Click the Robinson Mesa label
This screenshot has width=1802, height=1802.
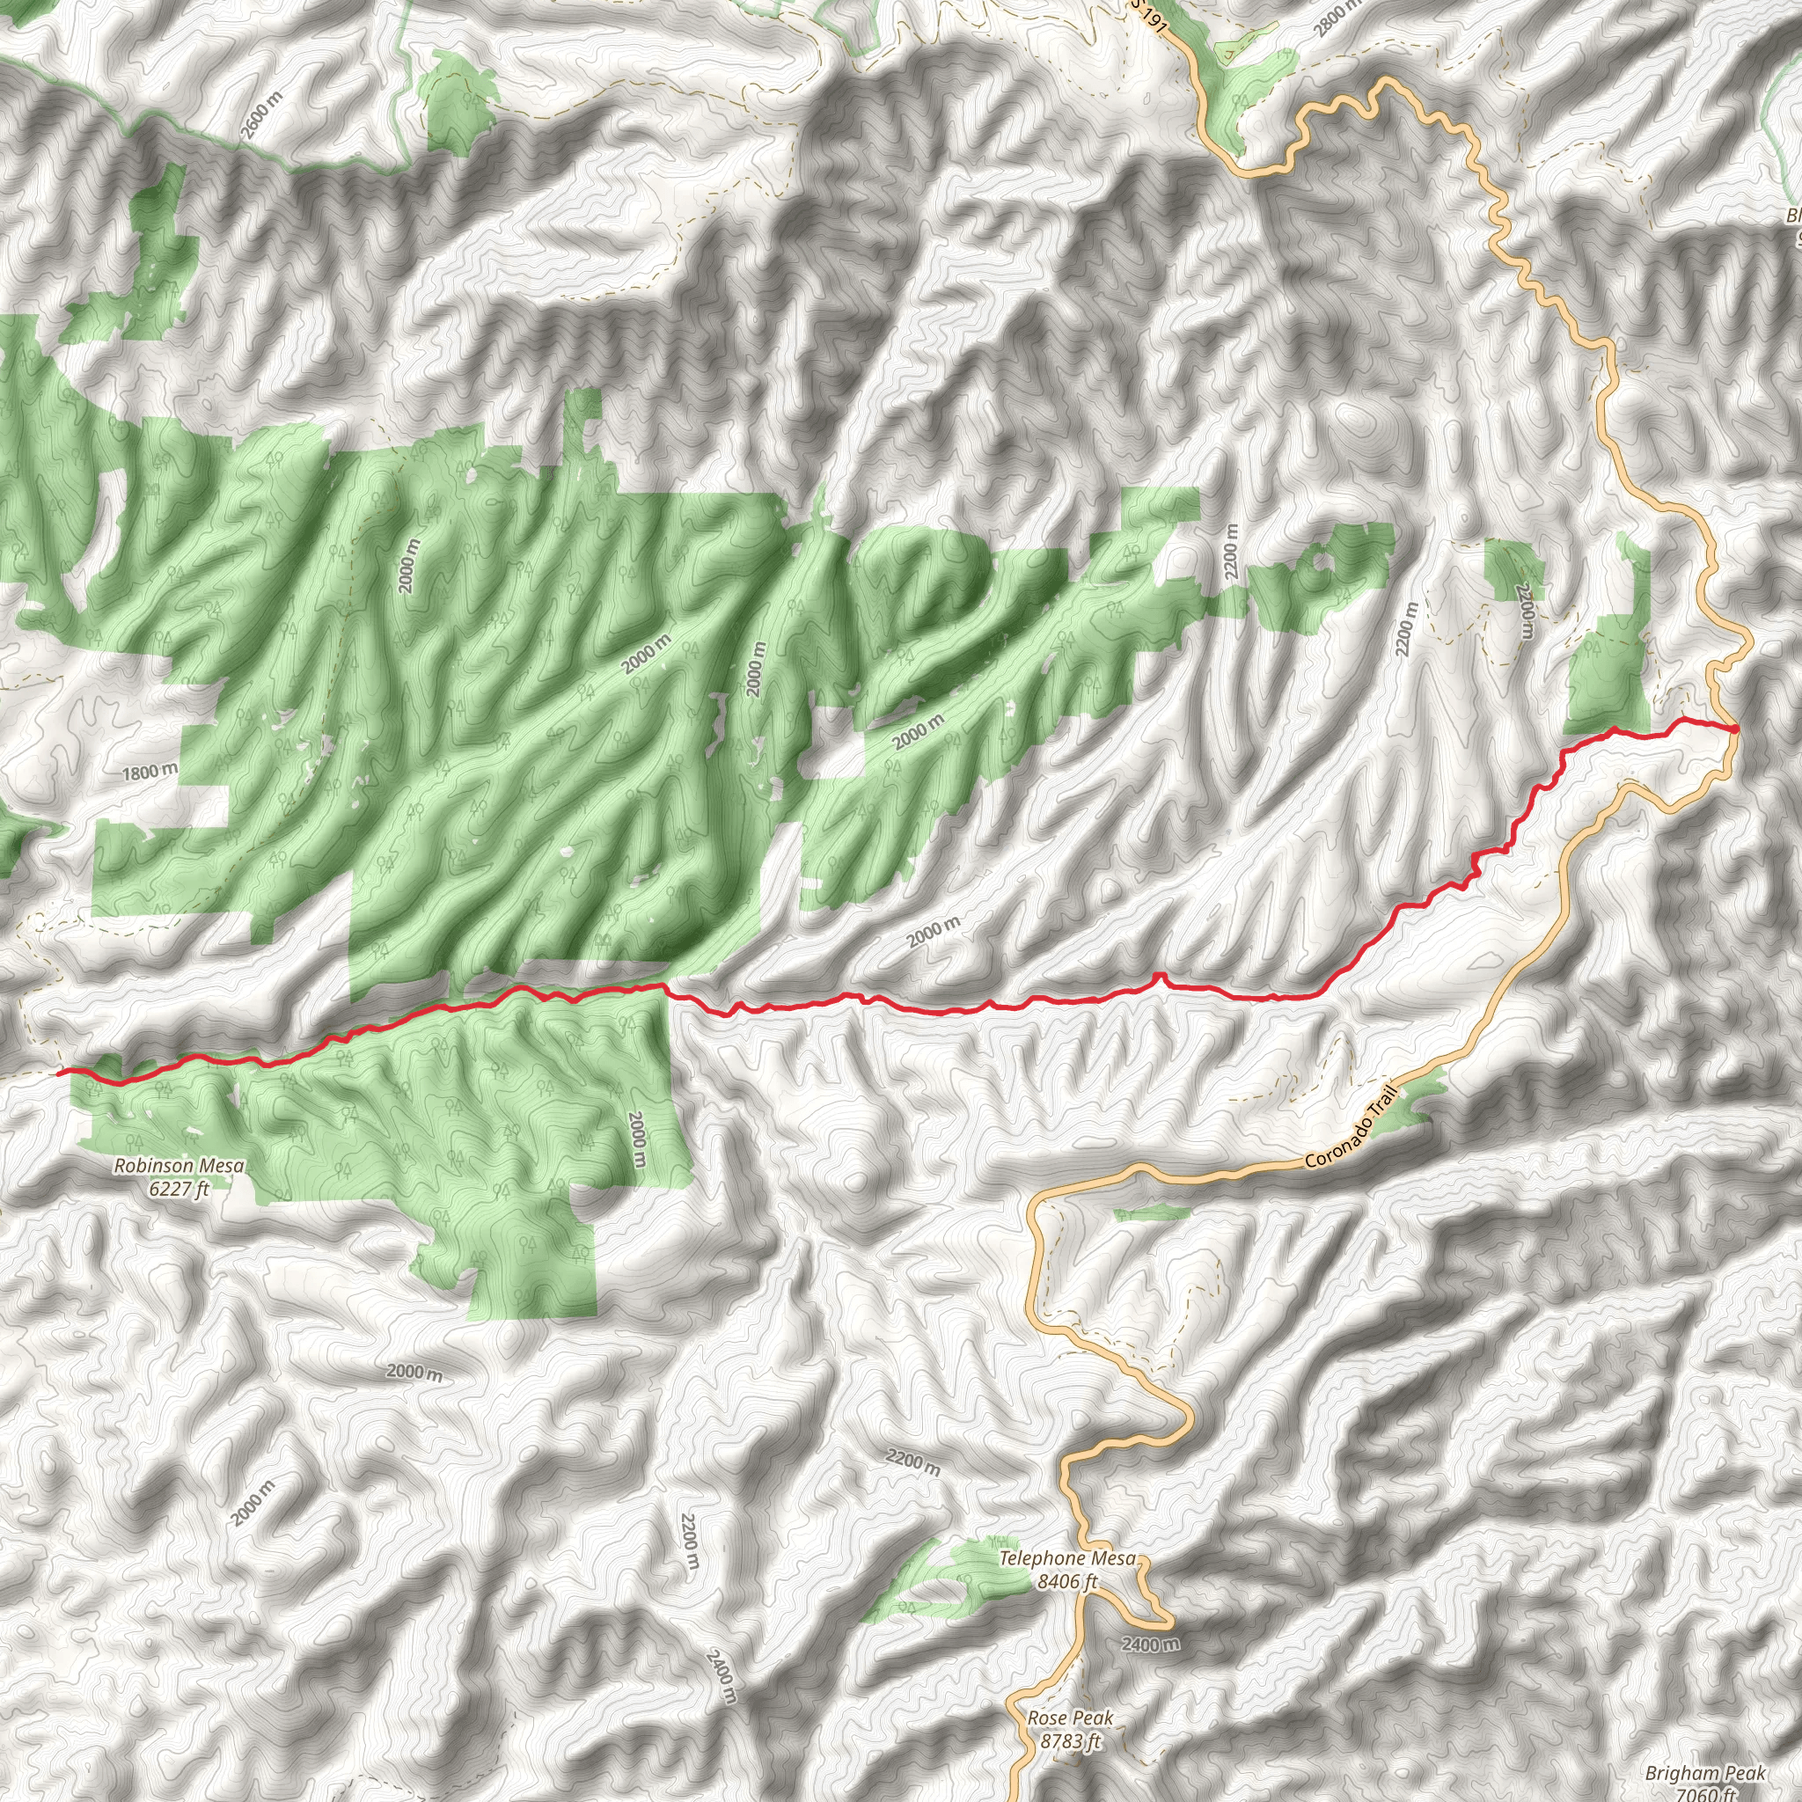click(179, 1166)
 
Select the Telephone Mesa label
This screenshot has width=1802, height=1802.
click(1067, 1558)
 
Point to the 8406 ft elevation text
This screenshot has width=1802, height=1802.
click(1067, 1582)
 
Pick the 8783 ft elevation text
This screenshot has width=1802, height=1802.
click(1070, 1741)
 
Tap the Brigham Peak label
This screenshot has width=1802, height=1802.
click(1705, 1773)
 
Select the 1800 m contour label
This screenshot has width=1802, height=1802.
click(150, 772)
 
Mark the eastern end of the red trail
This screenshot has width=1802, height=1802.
click(1733, 729)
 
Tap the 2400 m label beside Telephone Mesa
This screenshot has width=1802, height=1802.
click(1150, 1645)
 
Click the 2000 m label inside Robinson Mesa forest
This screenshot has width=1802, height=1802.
click(638, 1139)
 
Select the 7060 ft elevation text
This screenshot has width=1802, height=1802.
click(1705, 1795)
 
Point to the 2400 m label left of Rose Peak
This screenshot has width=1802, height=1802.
click(721, 1677)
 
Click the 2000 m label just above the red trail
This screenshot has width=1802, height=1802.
click(934, 930)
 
